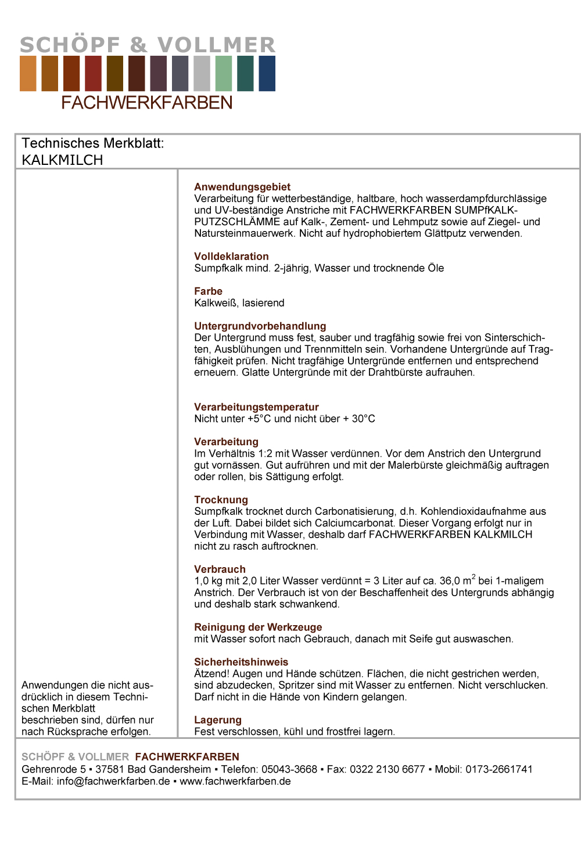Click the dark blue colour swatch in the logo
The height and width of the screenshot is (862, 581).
point(267,74)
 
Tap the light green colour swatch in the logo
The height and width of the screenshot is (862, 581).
point(224,74)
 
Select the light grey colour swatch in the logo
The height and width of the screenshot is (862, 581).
point(202,74)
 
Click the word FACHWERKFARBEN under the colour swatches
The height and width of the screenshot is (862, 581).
point(147,103)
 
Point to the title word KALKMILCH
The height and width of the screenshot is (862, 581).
point(62,160)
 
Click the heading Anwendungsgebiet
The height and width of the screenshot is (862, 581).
point(242,187)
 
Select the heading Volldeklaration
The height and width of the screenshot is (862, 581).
point(231,257)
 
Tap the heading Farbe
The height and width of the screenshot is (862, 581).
point(208,291)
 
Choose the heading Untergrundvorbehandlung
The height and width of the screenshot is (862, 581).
point(260,326)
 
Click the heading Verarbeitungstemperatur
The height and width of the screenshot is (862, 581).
point(256,407)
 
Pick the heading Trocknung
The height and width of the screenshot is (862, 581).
point(221,500)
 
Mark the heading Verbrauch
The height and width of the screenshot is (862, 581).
point(220,569)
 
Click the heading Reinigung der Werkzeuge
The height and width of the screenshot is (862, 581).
point(258,627)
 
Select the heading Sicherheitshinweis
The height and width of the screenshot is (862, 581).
point(241,662)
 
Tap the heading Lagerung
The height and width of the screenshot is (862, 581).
point(218,720)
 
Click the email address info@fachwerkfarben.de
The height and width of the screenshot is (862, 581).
point(113,781)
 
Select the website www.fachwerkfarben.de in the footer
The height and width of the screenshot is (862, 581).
point(235,781)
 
